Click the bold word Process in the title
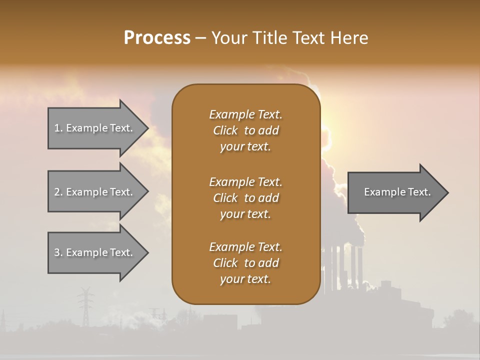[157, 38]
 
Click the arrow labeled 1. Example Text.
[94, 128]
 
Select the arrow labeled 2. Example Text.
[94, 192]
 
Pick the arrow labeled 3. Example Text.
[94, 252]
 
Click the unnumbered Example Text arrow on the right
[397, 192]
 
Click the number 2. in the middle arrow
[58, 192]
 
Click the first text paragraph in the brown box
[245, 130]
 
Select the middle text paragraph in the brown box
[245, 198]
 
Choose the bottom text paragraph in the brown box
[245, 263]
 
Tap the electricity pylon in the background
[85, 305]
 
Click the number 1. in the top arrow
[58, 128]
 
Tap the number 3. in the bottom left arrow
[58, 252]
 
